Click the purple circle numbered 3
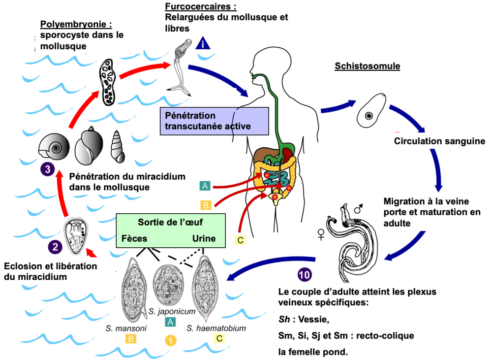47,169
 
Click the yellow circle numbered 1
171,340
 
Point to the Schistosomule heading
367,66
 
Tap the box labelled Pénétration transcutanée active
214,121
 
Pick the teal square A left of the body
205,186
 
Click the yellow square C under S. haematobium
219,338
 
